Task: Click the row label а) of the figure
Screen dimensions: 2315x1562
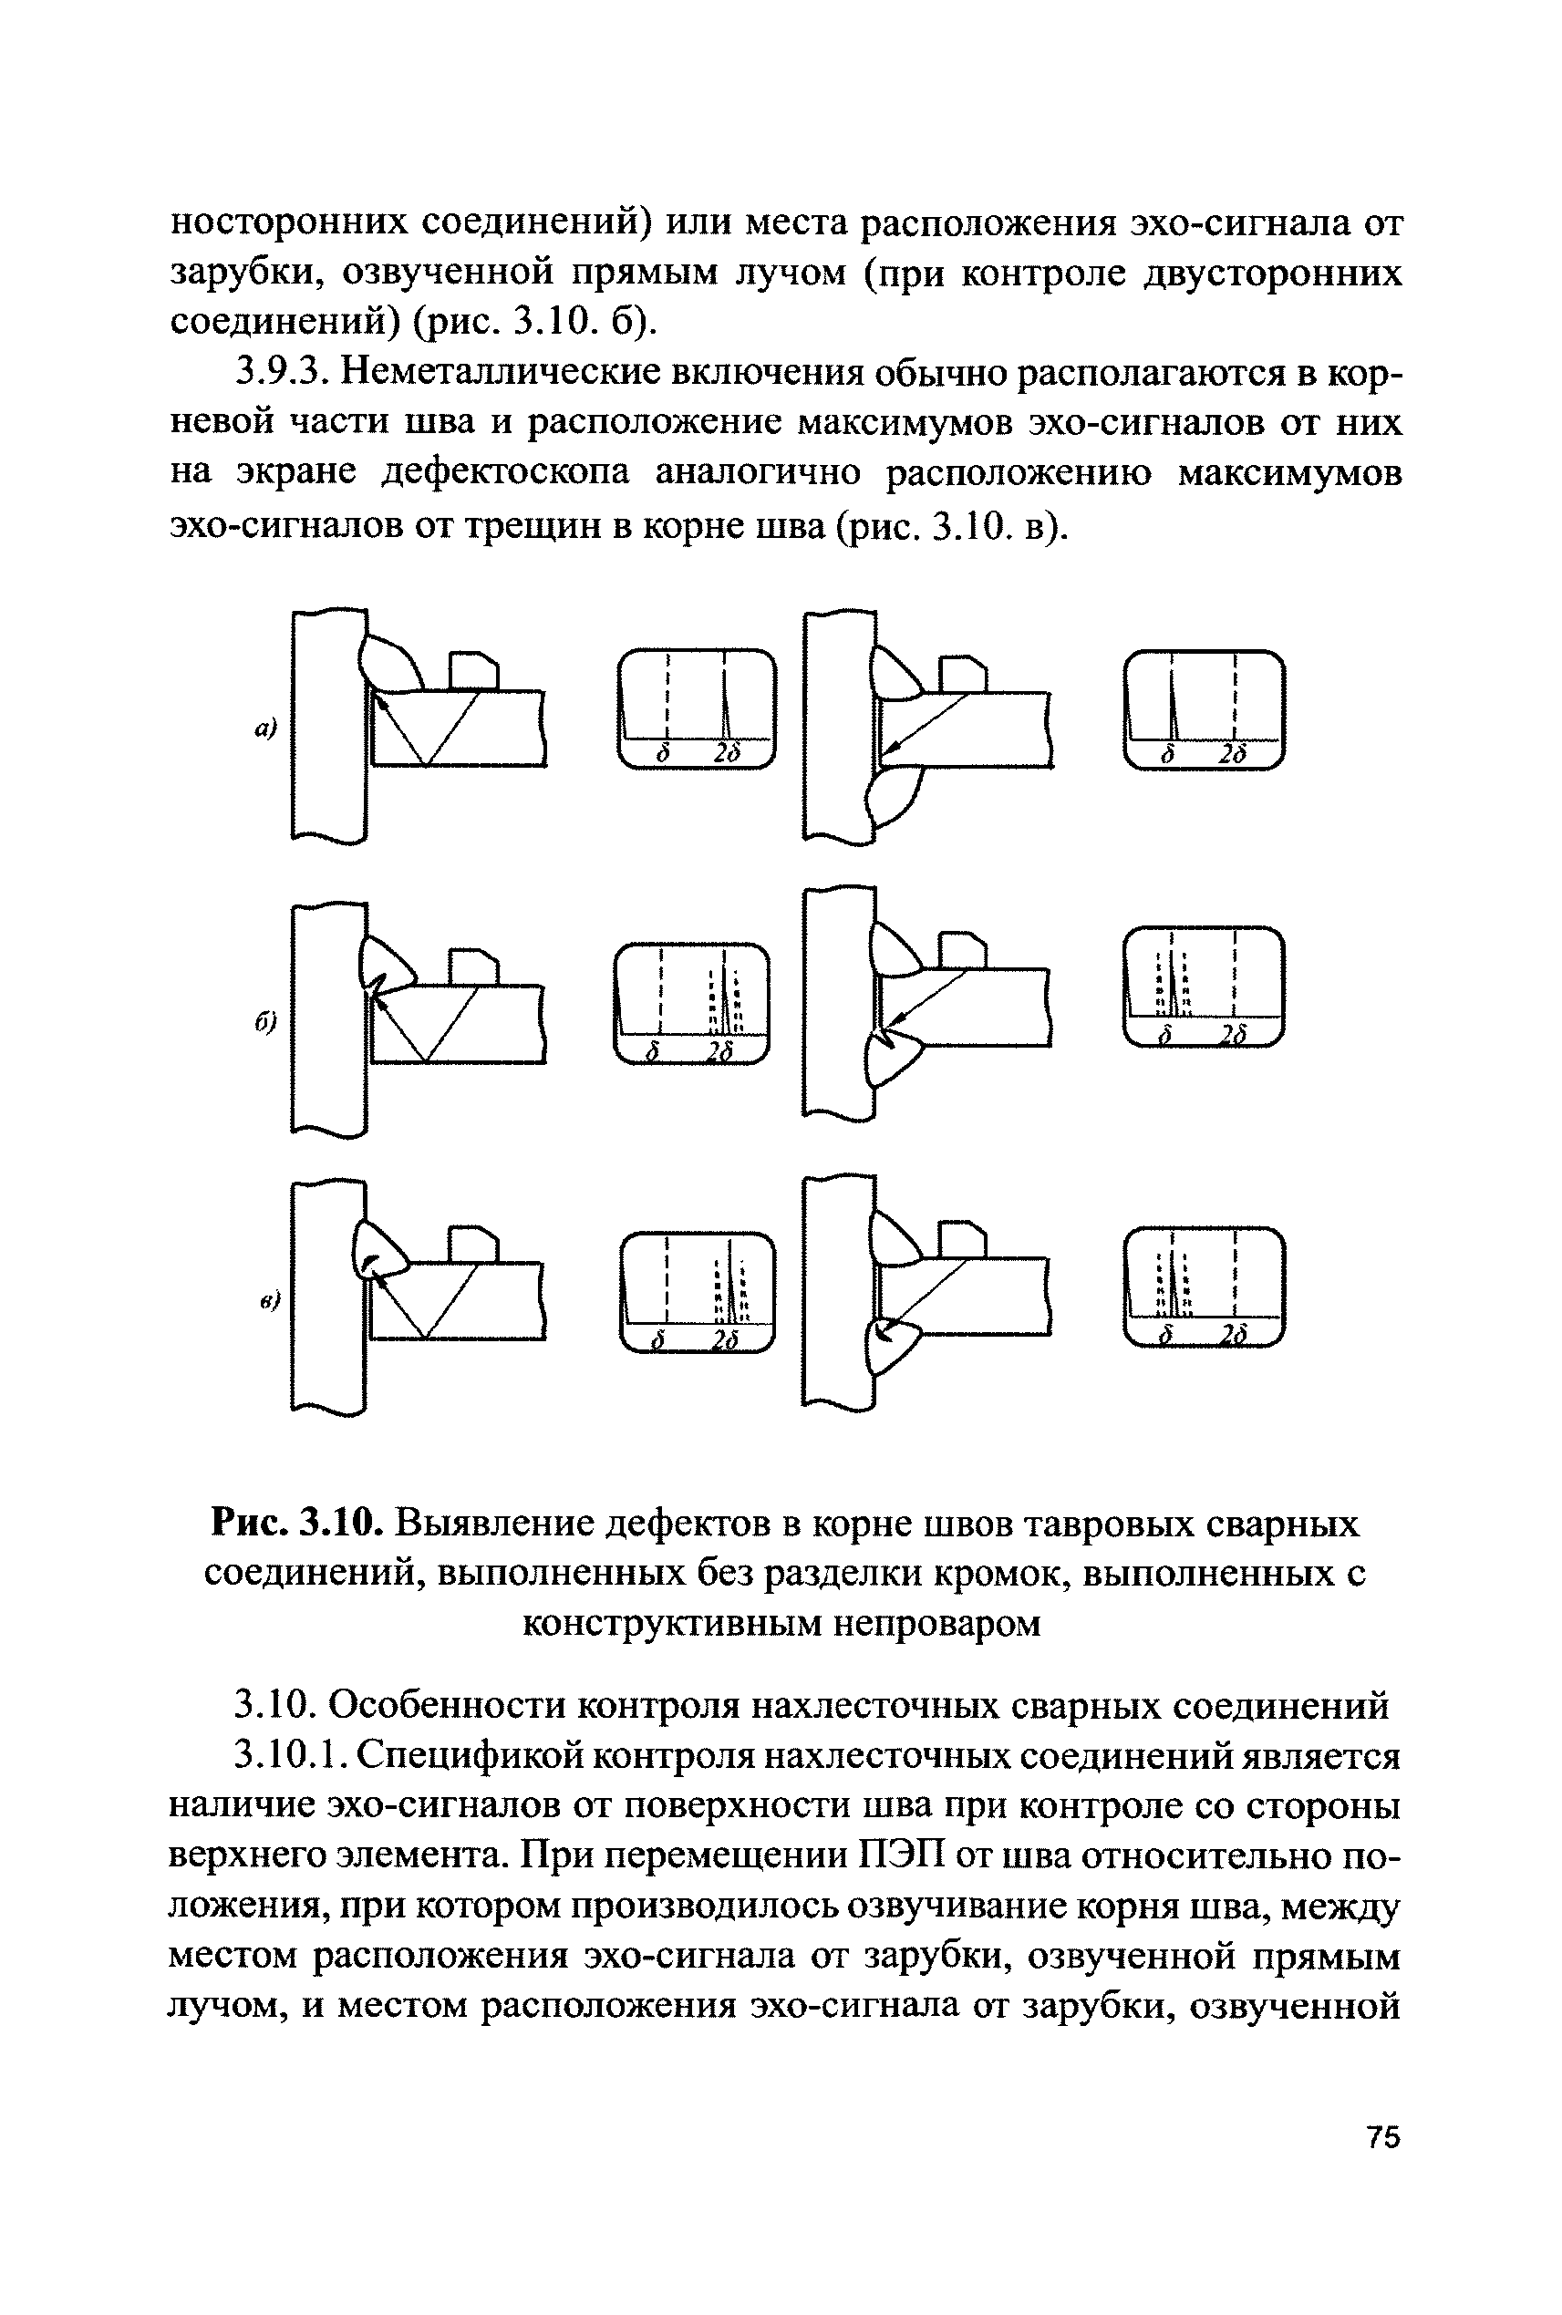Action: pos(264,730)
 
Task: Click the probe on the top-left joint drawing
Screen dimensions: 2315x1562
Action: pos(473,669)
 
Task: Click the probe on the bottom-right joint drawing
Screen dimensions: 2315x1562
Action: pos(961,1240)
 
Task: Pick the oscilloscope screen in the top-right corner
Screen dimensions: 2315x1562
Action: pos(1204,709)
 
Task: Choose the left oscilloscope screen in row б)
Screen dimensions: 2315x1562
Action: pos(691,1003)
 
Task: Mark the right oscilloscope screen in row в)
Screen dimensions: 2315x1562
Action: pos(1204,1287)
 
